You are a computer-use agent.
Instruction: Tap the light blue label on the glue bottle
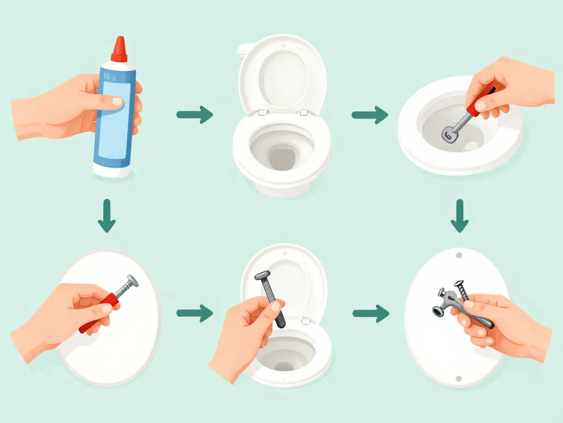115,118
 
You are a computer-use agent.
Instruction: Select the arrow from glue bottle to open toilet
195,115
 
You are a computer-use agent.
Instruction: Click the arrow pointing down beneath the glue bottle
106,218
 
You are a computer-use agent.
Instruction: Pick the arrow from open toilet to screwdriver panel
369,115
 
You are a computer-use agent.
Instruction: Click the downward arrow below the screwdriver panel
459,218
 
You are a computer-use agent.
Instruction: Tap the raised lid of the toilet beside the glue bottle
282,74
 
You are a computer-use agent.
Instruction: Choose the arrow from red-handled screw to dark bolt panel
195,314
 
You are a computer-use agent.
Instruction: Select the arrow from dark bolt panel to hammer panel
369,314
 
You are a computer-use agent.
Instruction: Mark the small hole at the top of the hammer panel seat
459,256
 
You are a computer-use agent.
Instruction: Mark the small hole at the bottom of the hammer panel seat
459,378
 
